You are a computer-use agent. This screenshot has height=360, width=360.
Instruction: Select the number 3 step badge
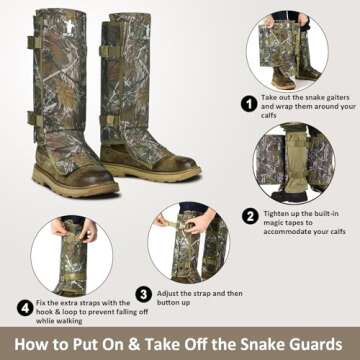[x=144, y=294]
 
